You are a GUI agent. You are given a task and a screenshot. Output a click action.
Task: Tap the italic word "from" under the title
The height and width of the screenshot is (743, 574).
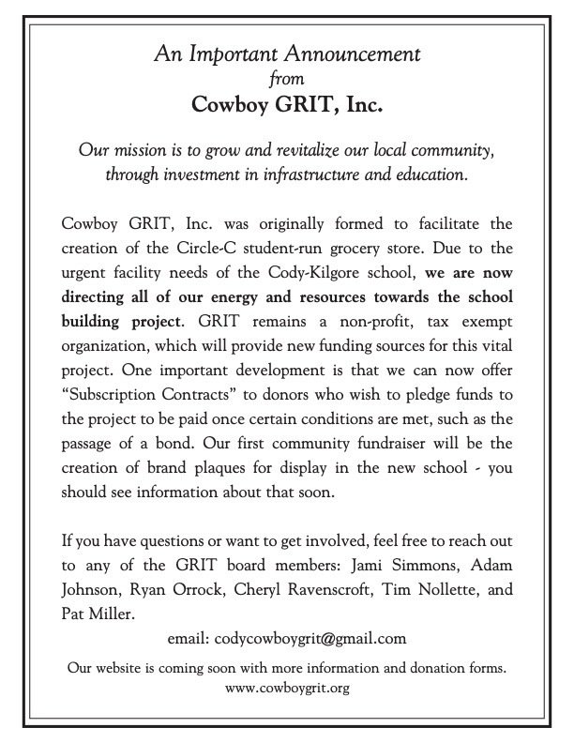[287, 79]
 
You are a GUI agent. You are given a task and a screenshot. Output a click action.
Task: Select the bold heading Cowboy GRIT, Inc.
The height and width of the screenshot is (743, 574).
[287, 104]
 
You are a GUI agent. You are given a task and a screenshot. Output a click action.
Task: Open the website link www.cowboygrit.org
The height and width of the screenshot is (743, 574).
[287, 689]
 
